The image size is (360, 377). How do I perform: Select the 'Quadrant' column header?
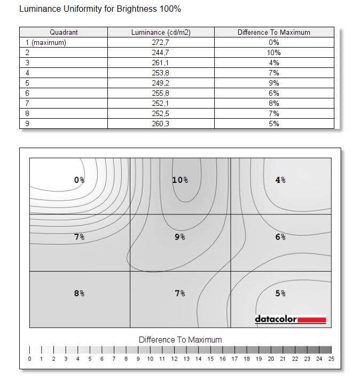64,32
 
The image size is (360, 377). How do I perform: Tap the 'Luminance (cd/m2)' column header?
161,32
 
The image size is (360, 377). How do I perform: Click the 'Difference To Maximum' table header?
273,32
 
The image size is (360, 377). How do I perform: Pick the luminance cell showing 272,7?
161,42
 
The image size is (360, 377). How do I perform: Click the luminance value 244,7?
161,52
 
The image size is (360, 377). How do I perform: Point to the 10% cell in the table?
273,52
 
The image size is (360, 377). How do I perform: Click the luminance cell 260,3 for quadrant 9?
161,124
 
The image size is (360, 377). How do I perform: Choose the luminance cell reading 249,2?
161,83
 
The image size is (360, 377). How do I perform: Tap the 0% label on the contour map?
79,180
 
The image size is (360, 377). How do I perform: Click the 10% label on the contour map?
180,180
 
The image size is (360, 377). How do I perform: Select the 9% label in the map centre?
180,237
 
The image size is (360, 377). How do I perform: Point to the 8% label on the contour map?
79,293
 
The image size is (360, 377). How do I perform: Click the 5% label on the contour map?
280,293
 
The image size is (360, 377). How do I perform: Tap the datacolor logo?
290,320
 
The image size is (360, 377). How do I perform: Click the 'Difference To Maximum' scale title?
180,340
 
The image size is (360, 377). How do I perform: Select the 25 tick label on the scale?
331,359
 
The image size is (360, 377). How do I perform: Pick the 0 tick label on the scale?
29,359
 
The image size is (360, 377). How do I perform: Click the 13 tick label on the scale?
186,359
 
